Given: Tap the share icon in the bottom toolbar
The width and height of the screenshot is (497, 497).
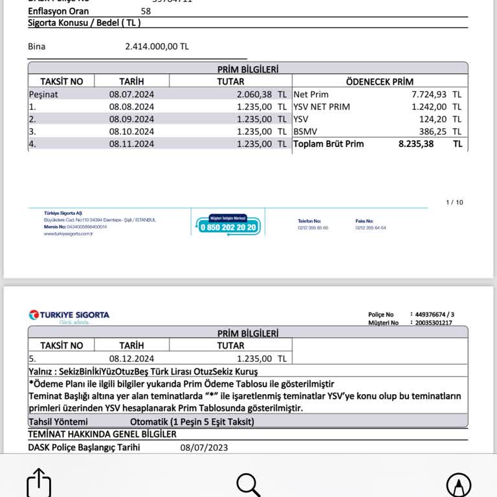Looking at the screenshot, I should (x=39, y=483).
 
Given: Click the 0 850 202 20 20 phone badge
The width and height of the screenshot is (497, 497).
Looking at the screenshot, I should (x=228, y=226).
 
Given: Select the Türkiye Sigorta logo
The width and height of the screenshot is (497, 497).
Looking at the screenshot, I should (x=69, y=316).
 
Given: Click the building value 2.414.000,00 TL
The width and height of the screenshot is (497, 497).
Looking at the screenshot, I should (x=157, y=47).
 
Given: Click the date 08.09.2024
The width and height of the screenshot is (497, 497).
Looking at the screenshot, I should (x=131, y=119).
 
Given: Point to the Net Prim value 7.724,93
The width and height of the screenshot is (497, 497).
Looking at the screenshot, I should (x=427, y=94).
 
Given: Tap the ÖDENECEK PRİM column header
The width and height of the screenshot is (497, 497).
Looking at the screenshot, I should (x=379, y=82).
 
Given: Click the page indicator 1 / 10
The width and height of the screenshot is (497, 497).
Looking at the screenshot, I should (x=455, y=203).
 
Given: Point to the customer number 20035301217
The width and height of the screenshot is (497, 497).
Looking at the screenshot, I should (x=434, y=322).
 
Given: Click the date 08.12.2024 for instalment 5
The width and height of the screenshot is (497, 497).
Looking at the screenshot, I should (x=131, y=358).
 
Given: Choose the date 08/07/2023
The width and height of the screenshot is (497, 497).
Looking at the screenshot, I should (x=204, y=447).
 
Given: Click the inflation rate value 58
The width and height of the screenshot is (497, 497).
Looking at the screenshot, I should (x=146, y=11).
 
